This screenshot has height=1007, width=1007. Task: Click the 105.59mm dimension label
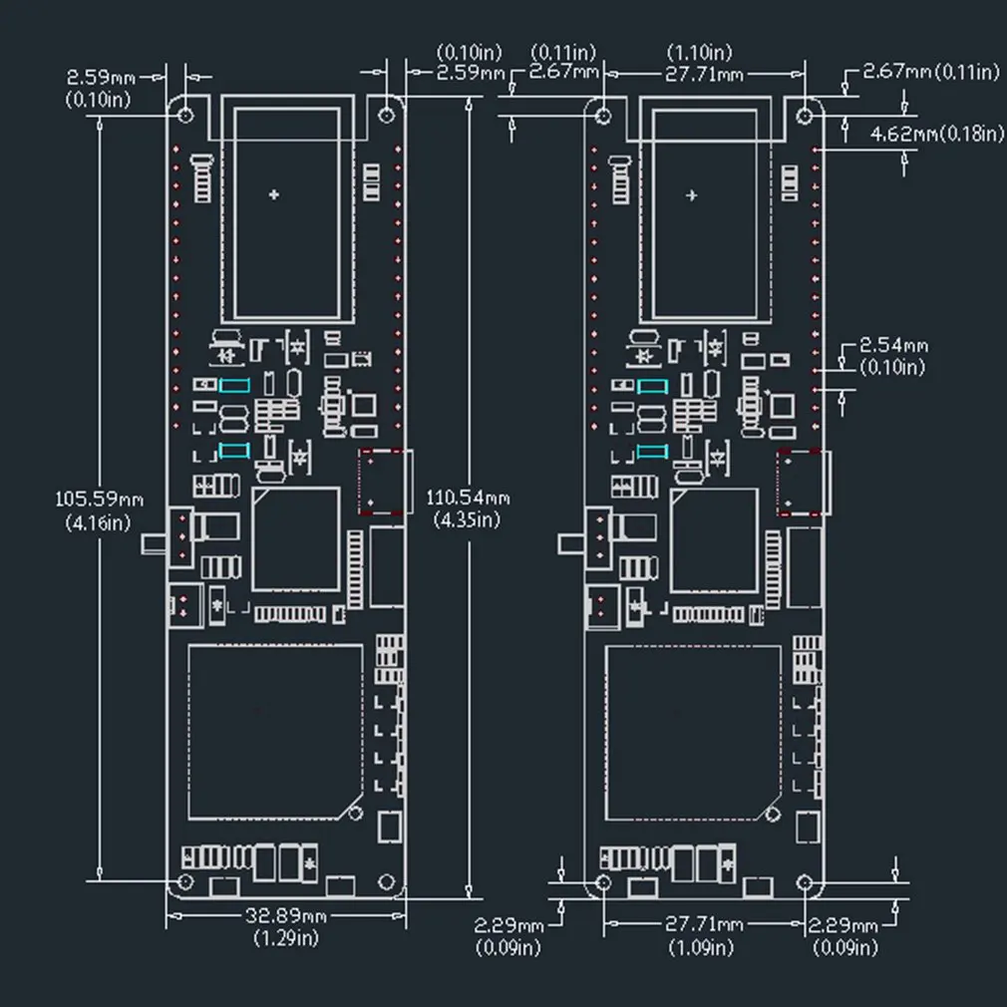(x=99, y=499)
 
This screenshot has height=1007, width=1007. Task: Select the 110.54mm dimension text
(x=468, y=498)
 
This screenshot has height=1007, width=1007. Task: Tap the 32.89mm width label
(x=286, y=915)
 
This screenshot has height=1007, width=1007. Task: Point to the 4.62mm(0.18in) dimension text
(x=937, y=134)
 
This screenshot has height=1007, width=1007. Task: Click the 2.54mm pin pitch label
(x=893, y=346)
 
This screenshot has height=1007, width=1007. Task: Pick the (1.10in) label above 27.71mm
(x=699, y=52)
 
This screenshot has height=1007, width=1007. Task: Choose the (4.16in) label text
(x=98, y=522)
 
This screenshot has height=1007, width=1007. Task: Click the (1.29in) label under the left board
(x=286, y=938)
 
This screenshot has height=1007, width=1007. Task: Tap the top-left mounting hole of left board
(x=185, y=115)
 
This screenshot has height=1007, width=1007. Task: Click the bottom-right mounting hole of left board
(x=386, y=881)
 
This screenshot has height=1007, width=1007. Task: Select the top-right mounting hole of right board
(x=804, y=116)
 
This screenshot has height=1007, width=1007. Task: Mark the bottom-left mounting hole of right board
(x=603, y=882)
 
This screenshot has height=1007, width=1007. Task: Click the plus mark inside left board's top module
(x=274, y=194)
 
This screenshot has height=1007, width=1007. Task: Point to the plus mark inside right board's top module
(x=692, y=195)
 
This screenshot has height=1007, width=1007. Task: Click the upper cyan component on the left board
(x=234, y=385)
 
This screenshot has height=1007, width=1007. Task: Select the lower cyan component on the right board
(x=652, y=452)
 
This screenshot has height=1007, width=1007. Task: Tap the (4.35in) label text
(x=467, y=520)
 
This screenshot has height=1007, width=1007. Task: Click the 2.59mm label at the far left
(x=102, y=78)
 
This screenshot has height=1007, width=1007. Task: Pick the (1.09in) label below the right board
(x=701, y=947)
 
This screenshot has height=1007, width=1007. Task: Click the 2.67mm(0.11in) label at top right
(x=931, y=71)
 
